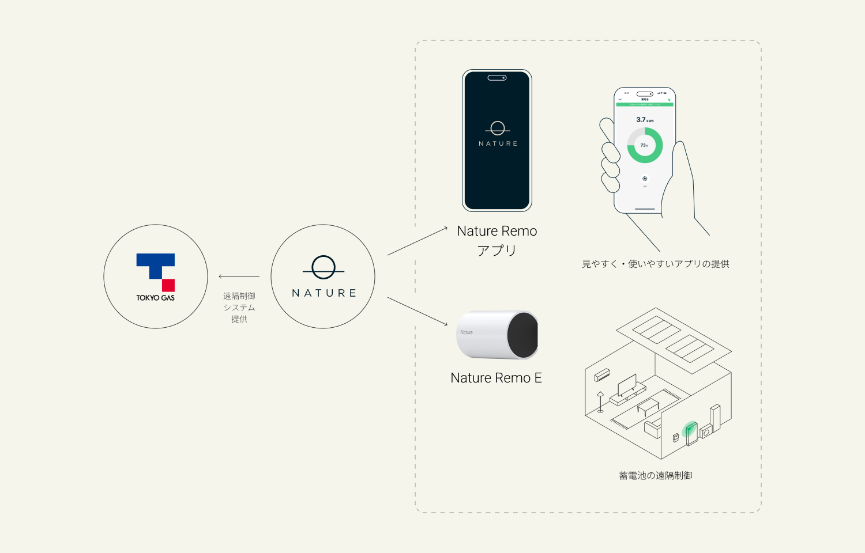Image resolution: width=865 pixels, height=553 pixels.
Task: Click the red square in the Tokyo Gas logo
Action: [x=168, y=285]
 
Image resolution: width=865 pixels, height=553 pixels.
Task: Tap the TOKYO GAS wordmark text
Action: [x=155, y=298]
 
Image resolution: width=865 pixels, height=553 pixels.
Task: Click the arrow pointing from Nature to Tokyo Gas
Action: [x=239, y=276]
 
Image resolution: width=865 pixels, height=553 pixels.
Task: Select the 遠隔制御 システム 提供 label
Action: [x=239, y=308]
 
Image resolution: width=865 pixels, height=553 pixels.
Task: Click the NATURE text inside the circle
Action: [x=324, y=293]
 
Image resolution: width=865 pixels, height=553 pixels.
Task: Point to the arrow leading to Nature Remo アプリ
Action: [x=418, y=241]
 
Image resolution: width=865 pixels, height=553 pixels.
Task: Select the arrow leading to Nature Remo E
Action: [x=418, y=312]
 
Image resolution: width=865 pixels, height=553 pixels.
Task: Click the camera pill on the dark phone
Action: [x=497, y=78]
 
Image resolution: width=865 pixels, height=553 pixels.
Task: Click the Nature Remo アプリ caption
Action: [x=497, y=240]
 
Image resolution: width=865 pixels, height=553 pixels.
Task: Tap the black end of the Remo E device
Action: [x=523, y=335]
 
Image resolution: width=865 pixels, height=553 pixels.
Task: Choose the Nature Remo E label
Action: [x=496, y=378]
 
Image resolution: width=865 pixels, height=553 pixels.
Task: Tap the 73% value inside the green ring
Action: [x=644, y=145]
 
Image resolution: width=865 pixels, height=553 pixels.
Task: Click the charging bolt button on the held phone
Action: [x=645, y=179]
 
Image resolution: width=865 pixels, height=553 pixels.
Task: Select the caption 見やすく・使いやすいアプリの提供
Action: [x=656, y=264]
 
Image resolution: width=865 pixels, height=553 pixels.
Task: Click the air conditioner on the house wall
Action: [x=602, y=374]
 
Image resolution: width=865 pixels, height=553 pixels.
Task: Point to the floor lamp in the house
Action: [x=600, y=402]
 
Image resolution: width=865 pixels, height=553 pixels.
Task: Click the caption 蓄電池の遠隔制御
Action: [x=656, y=476]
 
